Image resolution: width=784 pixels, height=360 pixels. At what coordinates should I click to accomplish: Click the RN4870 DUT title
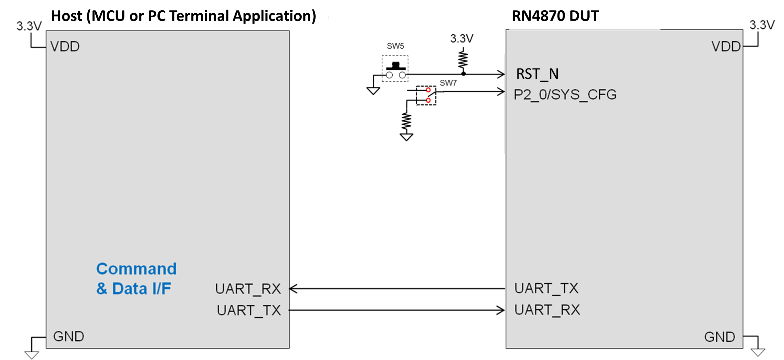click(x=555, y=16)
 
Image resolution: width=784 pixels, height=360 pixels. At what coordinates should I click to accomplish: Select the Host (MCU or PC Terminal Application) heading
click(x=183, y=16)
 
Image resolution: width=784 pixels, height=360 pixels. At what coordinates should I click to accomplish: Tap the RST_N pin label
click(x=537, y=74)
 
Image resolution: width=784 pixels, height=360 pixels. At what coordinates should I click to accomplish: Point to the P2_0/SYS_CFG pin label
click(x=565, y=95)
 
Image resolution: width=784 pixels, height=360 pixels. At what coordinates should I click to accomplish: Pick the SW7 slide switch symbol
click(x=426, y=95)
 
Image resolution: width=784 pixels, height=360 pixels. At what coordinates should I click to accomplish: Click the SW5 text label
click(x=395, y=46)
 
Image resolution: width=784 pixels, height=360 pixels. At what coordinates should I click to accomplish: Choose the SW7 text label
click(x=448, y=83)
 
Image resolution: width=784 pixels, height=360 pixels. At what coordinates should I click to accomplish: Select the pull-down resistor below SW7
click(x=406, y=122)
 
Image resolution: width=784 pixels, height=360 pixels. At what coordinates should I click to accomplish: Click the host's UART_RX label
click(x=248, y=289)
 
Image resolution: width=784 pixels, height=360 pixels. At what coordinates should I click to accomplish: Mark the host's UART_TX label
click(x=249, y=310)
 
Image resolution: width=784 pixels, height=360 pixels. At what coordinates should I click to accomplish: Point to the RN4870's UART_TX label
click(x=546, y=288)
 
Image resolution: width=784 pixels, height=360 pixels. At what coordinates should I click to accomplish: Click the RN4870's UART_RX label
click(x=547, y=310)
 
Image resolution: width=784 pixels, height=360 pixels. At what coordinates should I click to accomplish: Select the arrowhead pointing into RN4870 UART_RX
click(x=501, y=310)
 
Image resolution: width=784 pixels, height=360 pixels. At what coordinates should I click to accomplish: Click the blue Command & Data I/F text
click(x=136, y=279)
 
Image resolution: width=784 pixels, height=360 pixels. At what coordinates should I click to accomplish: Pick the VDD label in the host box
click(x=65, y=47)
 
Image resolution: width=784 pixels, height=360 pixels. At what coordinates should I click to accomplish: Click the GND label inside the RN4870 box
click(x=720, y=337)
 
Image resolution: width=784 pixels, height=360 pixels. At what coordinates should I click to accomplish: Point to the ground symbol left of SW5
click(x=373, y=91)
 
